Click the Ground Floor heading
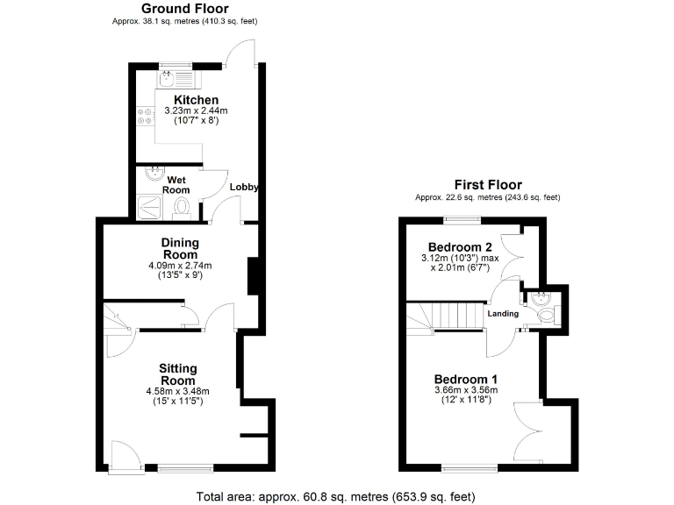tap(185, 9)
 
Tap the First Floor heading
tap(487, 185)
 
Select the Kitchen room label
tap(196, 100)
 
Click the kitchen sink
tap(167, 80)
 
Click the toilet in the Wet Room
tap(183, 206)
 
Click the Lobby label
tap(244, 188)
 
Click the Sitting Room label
tap(177, 374)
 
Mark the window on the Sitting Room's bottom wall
tap(184, 468)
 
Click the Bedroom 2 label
tap(459, 247)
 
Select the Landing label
tap(504, 314)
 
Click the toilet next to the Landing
tap(546, 312)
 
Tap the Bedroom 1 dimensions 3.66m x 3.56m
tap(466, 390)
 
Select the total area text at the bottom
tap(336, 495)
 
